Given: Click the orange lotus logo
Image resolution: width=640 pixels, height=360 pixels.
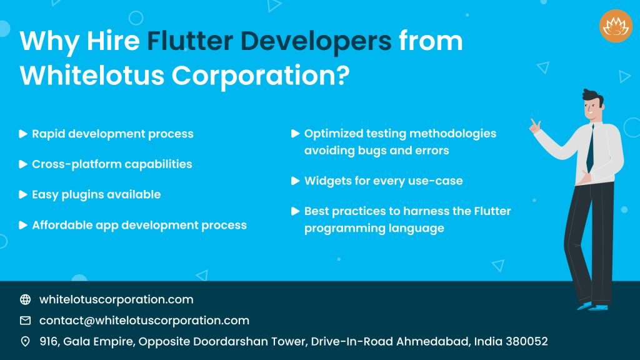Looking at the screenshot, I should (x=616, y=26).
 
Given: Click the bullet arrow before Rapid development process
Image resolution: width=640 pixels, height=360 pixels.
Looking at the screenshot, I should (x=23, y=134).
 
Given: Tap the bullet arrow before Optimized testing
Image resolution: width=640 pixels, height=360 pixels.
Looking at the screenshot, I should (x=296, y=134).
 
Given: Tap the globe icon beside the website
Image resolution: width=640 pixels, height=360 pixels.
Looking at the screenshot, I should (x=26, y=299).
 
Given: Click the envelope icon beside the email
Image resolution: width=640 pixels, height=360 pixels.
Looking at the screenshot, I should (x=26, y=321).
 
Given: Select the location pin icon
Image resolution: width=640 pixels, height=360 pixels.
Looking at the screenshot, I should (x=26, y=341).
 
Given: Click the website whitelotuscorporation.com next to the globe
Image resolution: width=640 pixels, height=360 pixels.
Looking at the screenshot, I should (x=116, y=299).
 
